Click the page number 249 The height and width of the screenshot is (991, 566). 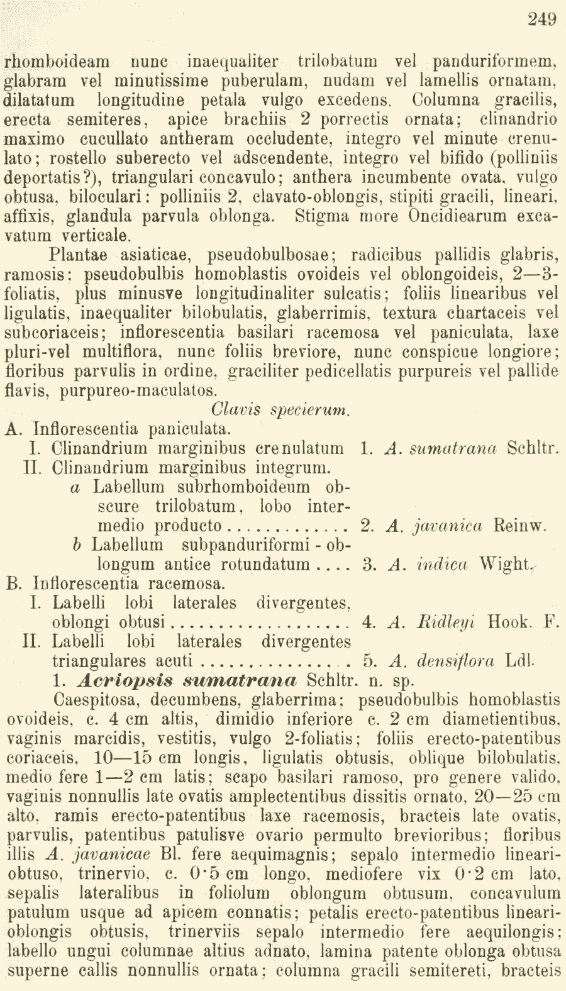coord(542,19)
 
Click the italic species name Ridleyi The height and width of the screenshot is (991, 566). coord(446,623)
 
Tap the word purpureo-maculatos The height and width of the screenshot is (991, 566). coord(138,390)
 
